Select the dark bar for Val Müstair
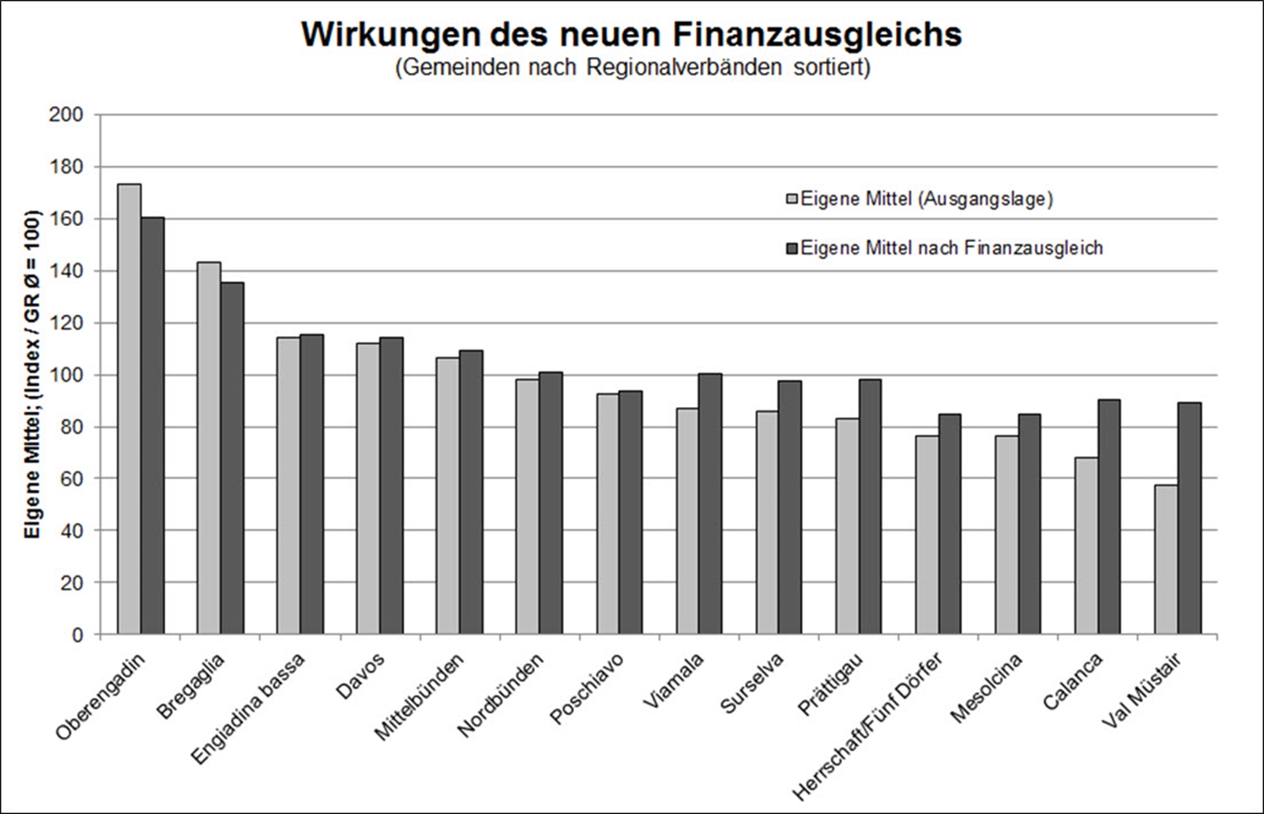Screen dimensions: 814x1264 (1189, 518)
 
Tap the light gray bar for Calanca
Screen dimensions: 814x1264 (1085, 545)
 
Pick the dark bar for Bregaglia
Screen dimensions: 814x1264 (232, 458)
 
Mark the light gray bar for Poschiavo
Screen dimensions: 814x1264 (608, 514)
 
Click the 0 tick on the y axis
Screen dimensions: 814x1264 (77, 635)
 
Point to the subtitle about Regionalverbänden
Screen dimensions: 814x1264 (632, 68)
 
